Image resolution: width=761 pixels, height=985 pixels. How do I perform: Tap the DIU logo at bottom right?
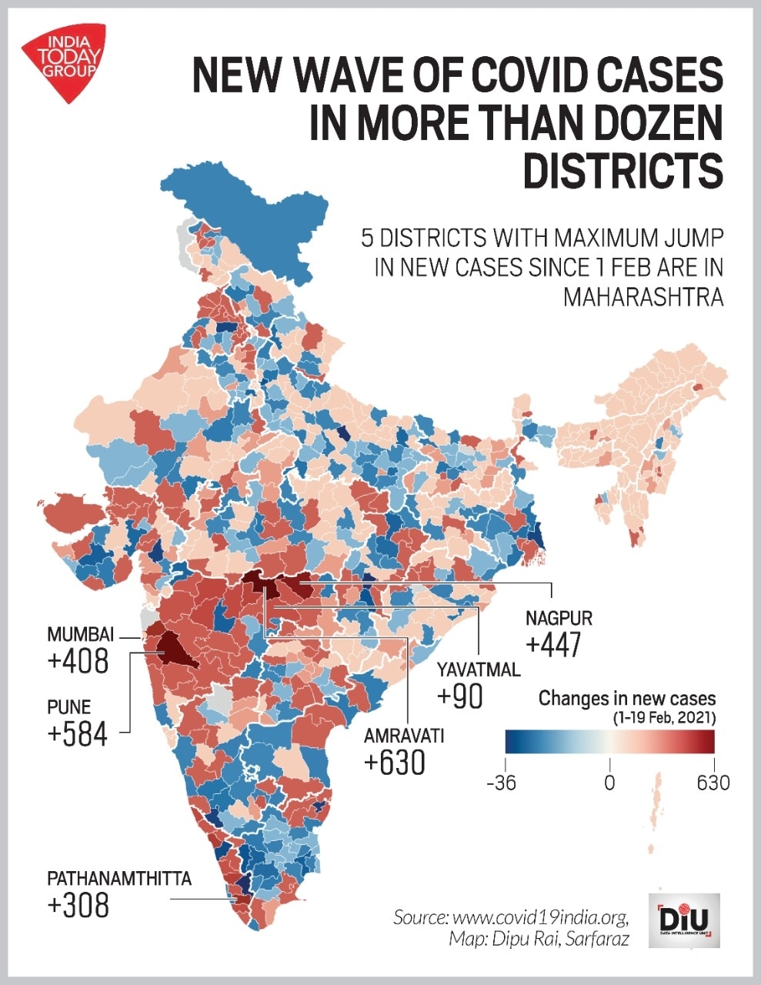coord(684,920)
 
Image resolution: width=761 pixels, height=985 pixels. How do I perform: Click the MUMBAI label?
coord(80,635)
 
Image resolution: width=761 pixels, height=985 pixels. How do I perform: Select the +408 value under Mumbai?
coord(78,661)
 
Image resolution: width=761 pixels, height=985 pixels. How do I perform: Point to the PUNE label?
coord(68,706)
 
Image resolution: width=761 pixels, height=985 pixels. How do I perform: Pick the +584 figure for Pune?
coord(77,733)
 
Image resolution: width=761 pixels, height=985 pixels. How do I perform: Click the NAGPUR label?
coord(559,618)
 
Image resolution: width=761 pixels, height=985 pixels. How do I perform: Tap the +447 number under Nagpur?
coord(552,645)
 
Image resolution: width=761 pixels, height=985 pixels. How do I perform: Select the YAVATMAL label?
coord(479,669)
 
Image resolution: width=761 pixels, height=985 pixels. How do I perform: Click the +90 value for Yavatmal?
coord(459,696)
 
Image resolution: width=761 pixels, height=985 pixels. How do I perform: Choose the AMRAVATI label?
coord(404,736)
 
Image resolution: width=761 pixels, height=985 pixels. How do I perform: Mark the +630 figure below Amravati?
coord(394,763)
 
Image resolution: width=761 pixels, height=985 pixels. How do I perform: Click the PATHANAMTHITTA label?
coord(119,879)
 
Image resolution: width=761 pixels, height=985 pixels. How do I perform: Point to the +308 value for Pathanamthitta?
coord(78,906)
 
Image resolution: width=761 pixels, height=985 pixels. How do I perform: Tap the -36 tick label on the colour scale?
coord(506,783)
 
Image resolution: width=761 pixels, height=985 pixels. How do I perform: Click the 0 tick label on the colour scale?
coord(609,783)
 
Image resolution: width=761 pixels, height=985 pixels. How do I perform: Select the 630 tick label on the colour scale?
coord(713,783)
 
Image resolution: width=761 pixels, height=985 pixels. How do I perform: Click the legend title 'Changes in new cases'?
coord(627,699)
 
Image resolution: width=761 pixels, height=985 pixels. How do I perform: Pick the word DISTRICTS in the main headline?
coord(622,170)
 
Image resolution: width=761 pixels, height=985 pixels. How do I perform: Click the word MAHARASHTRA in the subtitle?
coord(643,296)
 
